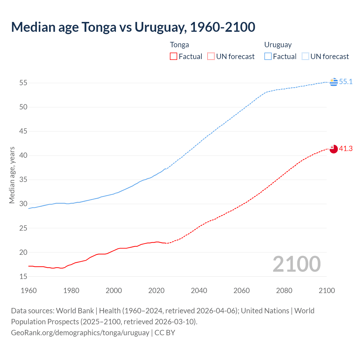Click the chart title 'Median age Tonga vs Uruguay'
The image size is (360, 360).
pos(133,27)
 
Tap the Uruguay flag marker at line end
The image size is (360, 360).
pos(334,82)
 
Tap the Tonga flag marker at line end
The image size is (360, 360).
pos(334,149)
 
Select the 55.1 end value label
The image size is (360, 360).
pos(346,82)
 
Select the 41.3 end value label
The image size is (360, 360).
pos(346,148)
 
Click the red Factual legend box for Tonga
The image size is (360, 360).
pos(174,57)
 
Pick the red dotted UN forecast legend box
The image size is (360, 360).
pos(211,57)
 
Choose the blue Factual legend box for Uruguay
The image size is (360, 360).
pos(268,57)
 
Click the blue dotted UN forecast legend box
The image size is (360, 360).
pos(305,57)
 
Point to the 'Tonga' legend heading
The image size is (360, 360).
pos(179,45)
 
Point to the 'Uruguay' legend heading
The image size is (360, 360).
pos(278,45)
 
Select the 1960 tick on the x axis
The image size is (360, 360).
pos(29,291)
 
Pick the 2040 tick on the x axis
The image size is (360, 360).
pos(199,291)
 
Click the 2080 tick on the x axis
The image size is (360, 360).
pos(284,291)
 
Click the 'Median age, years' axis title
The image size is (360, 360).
pos(12,175)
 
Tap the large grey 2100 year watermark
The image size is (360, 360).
pos(296,264)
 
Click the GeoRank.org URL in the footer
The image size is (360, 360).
pos(80,333)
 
